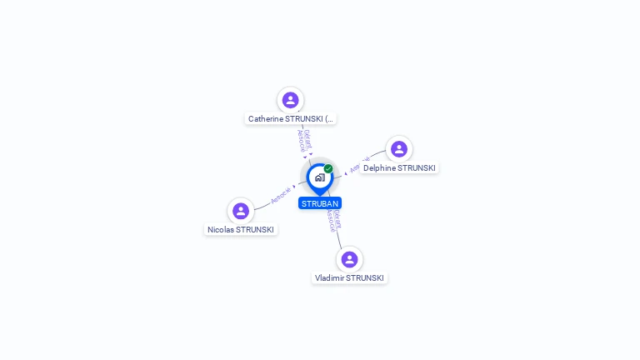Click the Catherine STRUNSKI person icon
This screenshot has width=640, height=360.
(x=290, y=100)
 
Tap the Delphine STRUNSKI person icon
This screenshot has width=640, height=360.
(x=399, y=149)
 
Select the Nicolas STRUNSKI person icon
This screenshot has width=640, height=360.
(x=241, y=211)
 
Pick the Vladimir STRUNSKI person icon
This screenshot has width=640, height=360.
(x=349, y=259)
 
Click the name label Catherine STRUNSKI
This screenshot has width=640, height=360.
(x=291, y=119)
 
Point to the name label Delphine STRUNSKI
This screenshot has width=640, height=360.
(x=399, y=168)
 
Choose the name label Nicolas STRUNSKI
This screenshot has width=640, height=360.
(x=241, y=230)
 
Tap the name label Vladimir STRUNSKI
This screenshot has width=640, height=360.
(x=349, y=278)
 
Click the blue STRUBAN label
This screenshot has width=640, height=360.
(x=320, y=203)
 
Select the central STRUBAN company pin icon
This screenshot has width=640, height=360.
(x=319, y=177)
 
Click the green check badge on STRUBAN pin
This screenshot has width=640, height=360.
(x=328, y=168)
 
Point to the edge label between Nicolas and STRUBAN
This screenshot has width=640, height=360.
(x=281, y=196)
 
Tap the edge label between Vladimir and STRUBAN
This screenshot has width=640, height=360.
(x=332, y=220)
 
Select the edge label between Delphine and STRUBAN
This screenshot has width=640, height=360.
(x=359, y=164)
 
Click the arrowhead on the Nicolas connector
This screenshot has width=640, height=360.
(x=294, y=187)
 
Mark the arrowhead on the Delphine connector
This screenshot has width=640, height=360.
(x=346, y=173)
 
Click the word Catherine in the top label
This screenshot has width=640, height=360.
(x=265, y=119)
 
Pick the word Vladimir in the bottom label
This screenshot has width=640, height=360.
(x=329, y=278)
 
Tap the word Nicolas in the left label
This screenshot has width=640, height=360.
(x=221, y=230)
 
